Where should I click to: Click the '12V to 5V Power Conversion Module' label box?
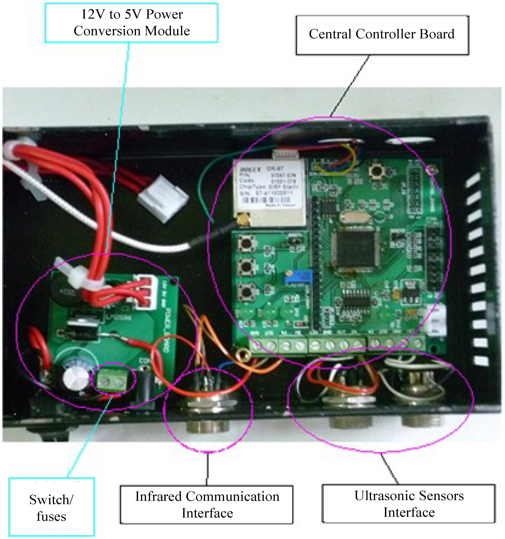[x=131, y=23]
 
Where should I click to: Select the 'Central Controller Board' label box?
[x=382, y=35]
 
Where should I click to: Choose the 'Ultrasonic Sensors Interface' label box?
[x=409, y=504]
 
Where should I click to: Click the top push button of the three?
[x=246, y=242]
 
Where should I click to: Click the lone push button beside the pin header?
[x=376, y=171]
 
